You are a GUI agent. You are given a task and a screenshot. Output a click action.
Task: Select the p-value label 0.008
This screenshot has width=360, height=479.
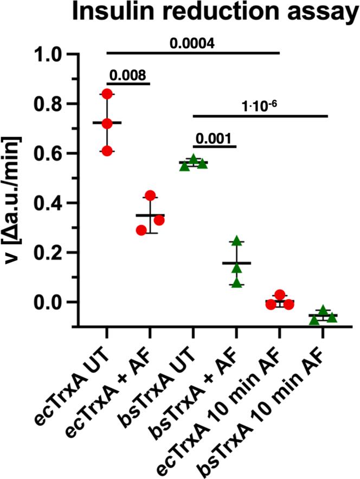point(128,75)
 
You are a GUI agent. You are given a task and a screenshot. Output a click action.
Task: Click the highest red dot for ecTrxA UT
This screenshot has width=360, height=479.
point(107,94)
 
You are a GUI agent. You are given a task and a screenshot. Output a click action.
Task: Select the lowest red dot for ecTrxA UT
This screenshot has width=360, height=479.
point(107,151)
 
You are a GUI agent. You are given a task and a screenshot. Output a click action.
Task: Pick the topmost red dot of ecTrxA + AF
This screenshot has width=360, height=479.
point(150,195)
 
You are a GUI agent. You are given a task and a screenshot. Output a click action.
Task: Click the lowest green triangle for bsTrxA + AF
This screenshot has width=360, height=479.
point(236,283)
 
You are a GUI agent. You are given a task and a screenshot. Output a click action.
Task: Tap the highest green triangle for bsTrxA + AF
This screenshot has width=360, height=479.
point(236,241)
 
